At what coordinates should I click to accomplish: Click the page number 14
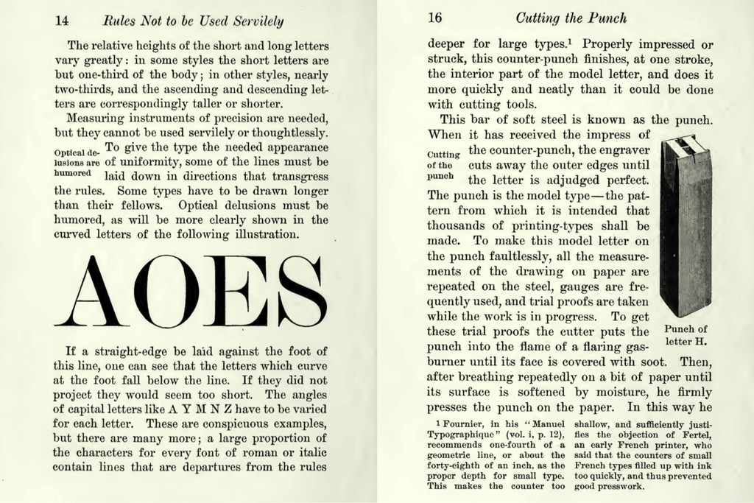point(62,19)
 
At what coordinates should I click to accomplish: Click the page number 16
point(434,18)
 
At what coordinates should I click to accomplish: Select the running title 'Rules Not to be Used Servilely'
point(194,20)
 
